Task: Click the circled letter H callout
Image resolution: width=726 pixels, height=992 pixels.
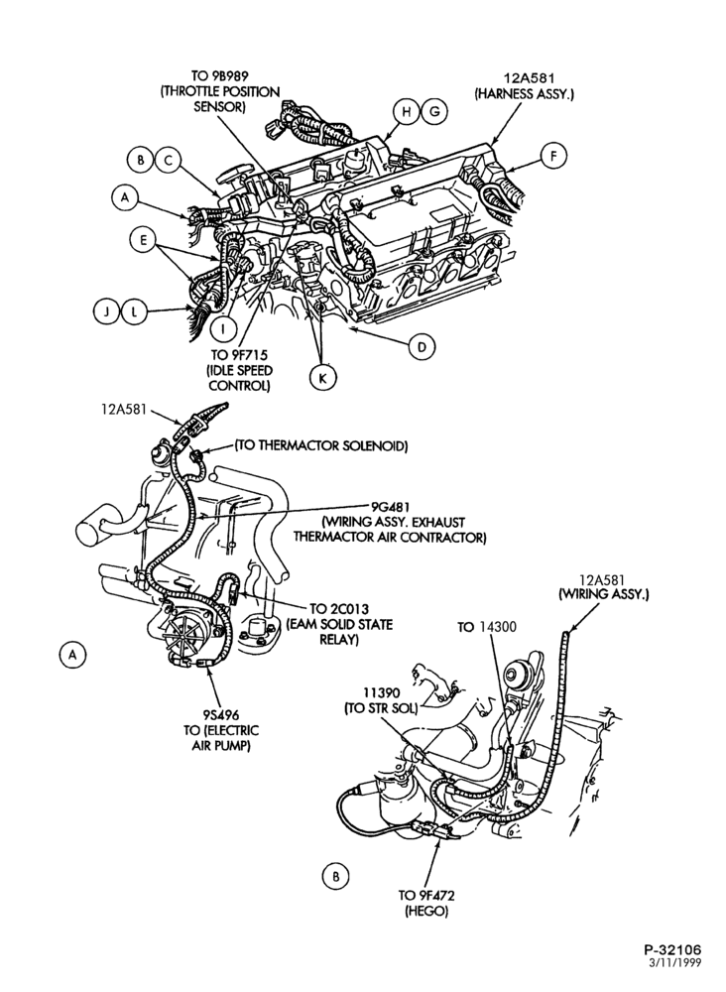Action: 407,112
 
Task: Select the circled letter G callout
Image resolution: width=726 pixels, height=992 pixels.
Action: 434,112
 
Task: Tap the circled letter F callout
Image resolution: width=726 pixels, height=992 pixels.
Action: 554,157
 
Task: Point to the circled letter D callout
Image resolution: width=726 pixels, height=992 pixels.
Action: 422,346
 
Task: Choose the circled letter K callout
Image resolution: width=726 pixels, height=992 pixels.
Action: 323,378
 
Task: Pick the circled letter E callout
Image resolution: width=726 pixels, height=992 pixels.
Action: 143,240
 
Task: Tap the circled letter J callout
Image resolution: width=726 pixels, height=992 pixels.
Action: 107,311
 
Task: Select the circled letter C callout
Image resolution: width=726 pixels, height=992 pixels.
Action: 169,160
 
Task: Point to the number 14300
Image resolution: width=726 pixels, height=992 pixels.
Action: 497,627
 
